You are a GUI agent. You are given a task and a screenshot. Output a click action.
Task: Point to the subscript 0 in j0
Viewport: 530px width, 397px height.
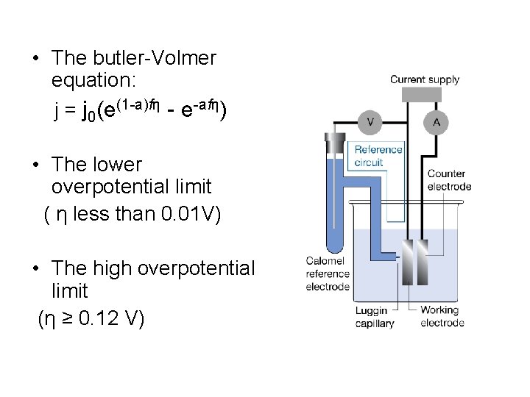[91, 117]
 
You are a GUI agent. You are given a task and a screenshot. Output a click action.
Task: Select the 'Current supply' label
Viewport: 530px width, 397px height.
[424, 79]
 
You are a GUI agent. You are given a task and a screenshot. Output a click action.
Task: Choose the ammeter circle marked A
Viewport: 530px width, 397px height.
[436, 122]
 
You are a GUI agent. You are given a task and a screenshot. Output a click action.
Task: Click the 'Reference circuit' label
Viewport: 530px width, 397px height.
[378, 156]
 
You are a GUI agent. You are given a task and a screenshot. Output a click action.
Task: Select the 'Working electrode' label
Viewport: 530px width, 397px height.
[442, 316]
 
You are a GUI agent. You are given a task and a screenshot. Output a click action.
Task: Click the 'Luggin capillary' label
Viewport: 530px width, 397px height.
[375, 317]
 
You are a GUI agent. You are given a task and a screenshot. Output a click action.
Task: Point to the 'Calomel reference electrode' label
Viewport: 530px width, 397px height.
[328, 274]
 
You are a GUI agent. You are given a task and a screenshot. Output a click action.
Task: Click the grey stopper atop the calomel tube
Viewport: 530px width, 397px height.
[337, 139]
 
